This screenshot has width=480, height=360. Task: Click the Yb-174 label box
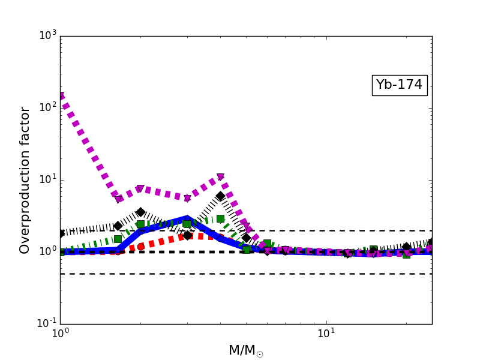(399, 85)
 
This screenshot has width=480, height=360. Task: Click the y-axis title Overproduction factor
(25, 180)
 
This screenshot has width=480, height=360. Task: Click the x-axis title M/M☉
(245, 350)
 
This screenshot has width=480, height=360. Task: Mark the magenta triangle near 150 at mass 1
(61, 95)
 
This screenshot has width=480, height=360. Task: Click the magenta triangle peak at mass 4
(220, 177)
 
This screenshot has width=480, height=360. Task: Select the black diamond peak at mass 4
(220, 196)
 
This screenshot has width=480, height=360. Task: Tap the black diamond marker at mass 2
(140, 212)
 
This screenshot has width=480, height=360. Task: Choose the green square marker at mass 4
(220, 218)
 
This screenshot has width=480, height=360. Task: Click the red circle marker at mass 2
(140, 247)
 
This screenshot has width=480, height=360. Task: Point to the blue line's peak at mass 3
(187, 219)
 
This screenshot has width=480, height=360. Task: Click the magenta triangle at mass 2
(140, 189)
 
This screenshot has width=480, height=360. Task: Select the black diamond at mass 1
(61, 233)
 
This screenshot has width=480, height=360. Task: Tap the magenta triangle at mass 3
(187, 198)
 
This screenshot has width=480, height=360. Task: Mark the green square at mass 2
(140, 224)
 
